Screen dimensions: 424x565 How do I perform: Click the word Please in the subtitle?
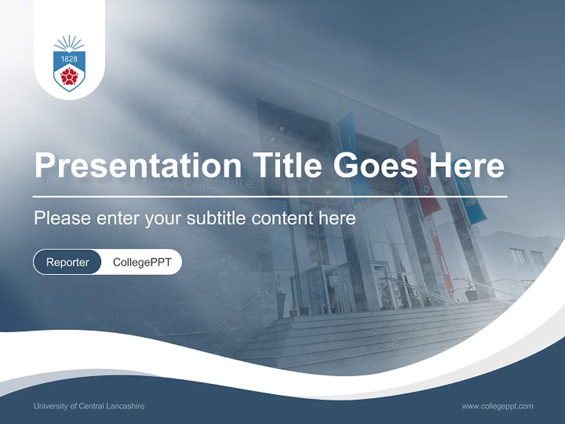click(x=61, y=218)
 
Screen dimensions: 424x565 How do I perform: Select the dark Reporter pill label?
click(x=68, y=262)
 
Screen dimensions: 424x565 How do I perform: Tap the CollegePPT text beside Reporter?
click(x=142, y=262)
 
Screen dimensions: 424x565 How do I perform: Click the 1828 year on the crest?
click(x=69, y=58)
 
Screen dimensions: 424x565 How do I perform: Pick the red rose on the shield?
click(x=69, y=75)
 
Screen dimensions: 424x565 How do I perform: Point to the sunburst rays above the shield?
click(x=69, y=43)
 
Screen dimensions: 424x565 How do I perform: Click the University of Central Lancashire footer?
click(x=89, y=406)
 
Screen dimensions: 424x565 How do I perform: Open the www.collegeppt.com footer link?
click(x=497, y=406)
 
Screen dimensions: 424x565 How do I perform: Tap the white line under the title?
click(x=270, y=196)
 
